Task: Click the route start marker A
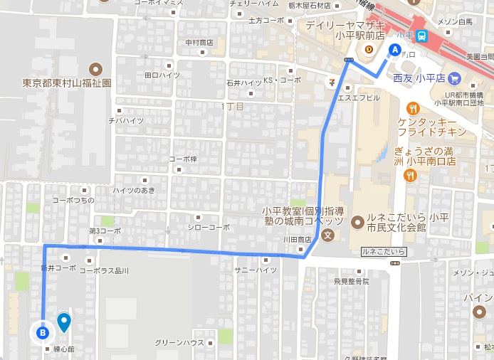click(394, 50)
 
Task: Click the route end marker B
click(43, 332)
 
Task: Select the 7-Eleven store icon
click(331, 82)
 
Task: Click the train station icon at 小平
click(422, 36)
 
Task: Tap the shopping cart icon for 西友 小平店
click(455, 78)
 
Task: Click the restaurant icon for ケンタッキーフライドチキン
click(411, 108)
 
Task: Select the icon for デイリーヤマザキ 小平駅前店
click(369, 49)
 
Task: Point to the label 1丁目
click(233, 106)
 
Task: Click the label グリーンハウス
click(179, 343)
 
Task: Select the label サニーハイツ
click(256, 270)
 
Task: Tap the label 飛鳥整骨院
click(351, 282)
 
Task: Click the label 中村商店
click(199, 43)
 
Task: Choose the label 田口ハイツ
click(162, 75)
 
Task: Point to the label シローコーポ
click(209, 227)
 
